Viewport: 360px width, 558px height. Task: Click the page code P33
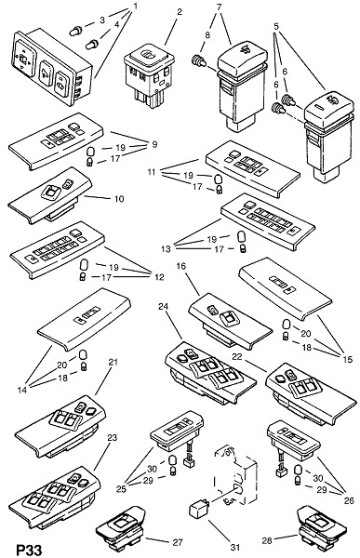(x=30, y=550)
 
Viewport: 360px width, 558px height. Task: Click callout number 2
(x=180, y=12)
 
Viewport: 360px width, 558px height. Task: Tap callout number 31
(x=235, y=547)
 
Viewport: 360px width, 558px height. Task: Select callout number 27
(x=177, y=542)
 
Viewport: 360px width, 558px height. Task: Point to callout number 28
(x=267, y=540)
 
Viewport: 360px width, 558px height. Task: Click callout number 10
(x=119, y=199)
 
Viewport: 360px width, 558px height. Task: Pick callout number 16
(x=181, y=266)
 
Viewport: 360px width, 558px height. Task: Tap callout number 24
(x=164, y=307)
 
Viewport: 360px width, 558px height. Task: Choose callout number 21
(x=113, y=363)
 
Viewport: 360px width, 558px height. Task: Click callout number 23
(x=112, y=437)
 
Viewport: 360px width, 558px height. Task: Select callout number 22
(x=237, y=356)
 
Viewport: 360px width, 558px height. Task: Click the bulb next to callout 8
(x=199, y=61)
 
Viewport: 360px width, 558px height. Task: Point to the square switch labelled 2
(x=149, y=76)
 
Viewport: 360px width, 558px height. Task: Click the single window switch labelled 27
(x=122, y=525)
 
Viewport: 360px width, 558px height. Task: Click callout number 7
(x=219, y=7)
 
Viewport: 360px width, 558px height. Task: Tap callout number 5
(x=276, y=26)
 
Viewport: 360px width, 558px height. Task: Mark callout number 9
(x=154, y=144)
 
